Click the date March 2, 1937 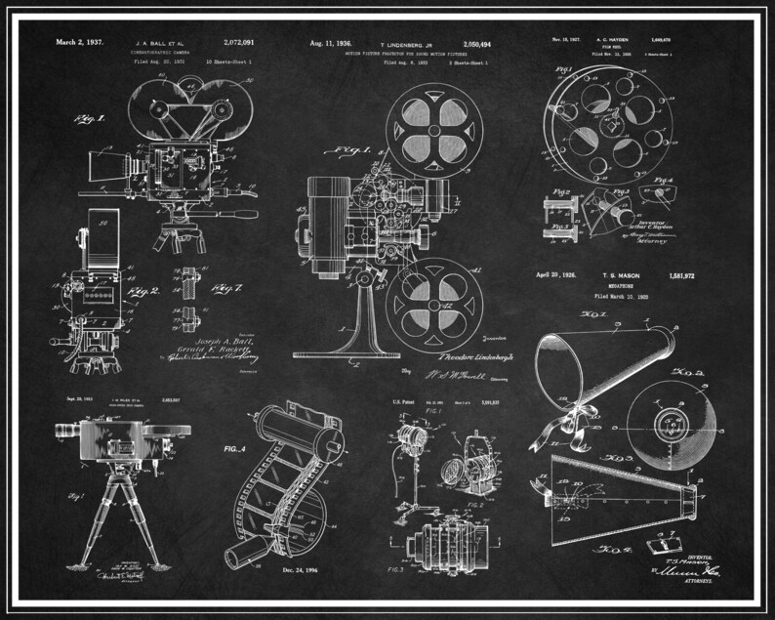coord(81,43)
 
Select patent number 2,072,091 coord(239,43)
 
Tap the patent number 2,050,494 coord(471,44)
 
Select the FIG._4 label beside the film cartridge coord(238,449)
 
